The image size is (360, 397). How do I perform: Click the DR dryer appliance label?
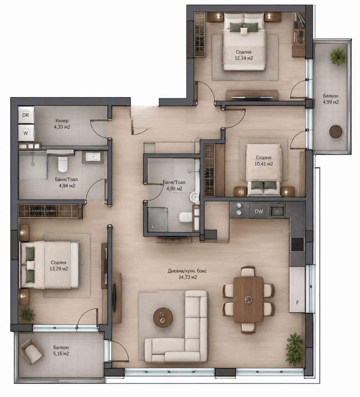pyautogui.click(x=25, y=115)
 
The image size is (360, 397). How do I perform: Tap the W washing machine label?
pyautogui.click(x=26, y=133)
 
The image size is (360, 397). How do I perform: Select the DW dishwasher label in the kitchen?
pyautogui.click(x=258, y=211)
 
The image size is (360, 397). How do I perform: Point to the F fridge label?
pyautogui.click(x=297, y=302)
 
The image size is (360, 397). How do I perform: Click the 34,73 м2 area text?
pyautogui.click(x=188, y=277)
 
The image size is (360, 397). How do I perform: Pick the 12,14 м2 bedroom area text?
pyautogui.click(x=244, y=58)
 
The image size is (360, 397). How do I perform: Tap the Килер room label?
pyautogui.click(x=62, y=121)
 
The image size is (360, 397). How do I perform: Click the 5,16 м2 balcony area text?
pyautogui.click(x=61, y=353)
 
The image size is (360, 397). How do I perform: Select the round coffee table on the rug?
pyautogui.click(x=163, y=317)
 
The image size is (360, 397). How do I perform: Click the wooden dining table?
pyautogui.click(x=248, y=299)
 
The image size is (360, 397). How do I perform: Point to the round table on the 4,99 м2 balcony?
pyautogui.click(x=336, y=131)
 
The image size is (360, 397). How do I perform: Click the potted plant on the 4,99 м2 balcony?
pyautogui.click(x=338, y=57)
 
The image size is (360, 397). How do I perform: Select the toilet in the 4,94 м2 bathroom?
pyautogui.click(x=62, y=164)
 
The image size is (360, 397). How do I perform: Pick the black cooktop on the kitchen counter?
pyautogui.click(x=297, y=244)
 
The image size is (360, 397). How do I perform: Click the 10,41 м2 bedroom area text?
pyautogui.click(x=264, y=164)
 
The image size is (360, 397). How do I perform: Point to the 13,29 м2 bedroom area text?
pyautogui.click(x=58, y=269)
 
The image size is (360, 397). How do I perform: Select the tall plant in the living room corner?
pyautogui.click(x=294, y=349)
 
